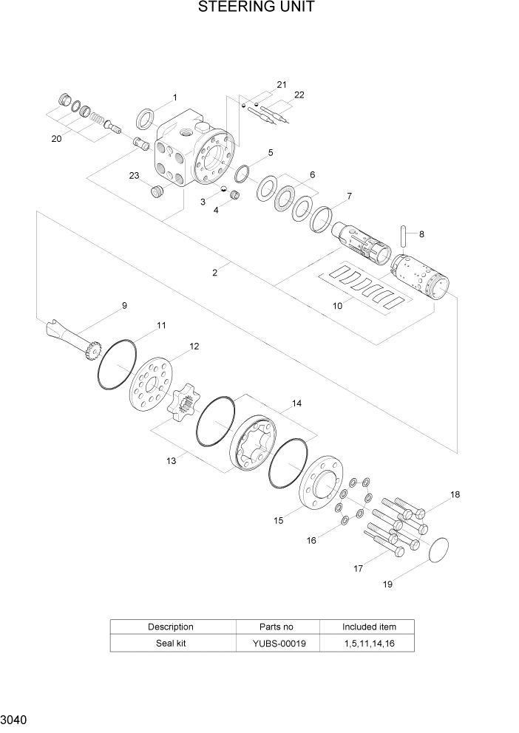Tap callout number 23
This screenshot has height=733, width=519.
click(x=134, y=175)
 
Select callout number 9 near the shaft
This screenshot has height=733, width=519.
click(x=124, y=305)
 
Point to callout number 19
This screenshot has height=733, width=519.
click(x=387, y=584)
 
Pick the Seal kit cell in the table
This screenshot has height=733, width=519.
click(x=171, y=644)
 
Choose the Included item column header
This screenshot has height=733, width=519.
click(x=369, y=627)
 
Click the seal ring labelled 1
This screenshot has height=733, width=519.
click(x=146, y=117)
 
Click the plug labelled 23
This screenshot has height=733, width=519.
click(x=156, y=192)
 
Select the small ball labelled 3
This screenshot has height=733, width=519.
click(x=223, y=190)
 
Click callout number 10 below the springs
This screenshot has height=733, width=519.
click(x=337, y=305)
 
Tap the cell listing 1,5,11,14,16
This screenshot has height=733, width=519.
click(x=369, y=644)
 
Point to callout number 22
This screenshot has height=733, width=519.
click(x=299, y=95)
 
